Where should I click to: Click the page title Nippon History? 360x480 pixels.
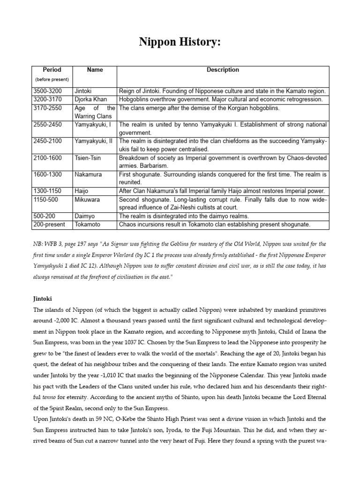tap(180, 43)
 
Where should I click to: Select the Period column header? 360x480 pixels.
tap(52, 70)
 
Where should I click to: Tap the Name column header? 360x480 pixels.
tap(95, 70)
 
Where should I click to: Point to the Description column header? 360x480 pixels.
tap(223, 70)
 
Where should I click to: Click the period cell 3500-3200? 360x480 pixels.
tap(47, 91)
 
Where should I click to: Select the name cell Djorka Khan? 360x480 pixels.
tap(90, 99)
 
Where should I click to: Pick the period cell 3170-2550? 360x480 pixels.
tap(47, 108)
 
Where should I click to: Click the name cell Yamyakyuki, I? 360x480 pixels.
tap(93, 125)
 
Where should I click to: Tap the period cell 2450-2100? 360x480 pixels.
tap(47, 141)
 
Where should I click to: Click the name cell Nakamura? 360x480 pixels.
tap(88, 174)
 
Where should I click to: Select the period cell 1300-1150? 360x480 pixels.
tap(47, 191)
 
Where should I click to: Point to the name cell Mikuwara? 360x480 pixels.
tap(88, 199)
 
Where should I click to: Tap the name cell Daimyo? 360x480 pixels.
tap(85, 216)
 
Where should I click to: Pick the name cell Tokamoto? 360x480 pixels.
tap(88, 225)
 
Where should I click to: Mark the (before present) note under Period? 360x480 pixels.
tap(52, 80)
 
